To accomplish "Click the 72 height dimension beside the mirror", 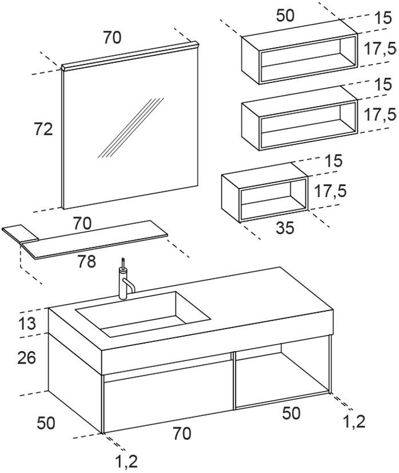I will [x=43, y=129].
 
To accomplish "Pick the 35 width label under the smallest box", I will [x=285, y=228].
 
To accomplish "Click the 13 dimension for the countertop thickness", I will [x=27, y=324].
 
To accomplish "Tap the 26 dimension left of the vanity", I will [x=26, y=358].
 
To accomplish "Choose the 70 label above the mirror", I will [x=112, y=38].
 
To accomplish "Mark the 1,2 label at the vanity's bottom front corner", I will [x=126, y=461].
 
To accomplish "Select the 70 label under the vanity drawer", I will [x=181, y=434].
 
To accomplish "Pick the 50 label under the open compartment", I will [x=291, y=413].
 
